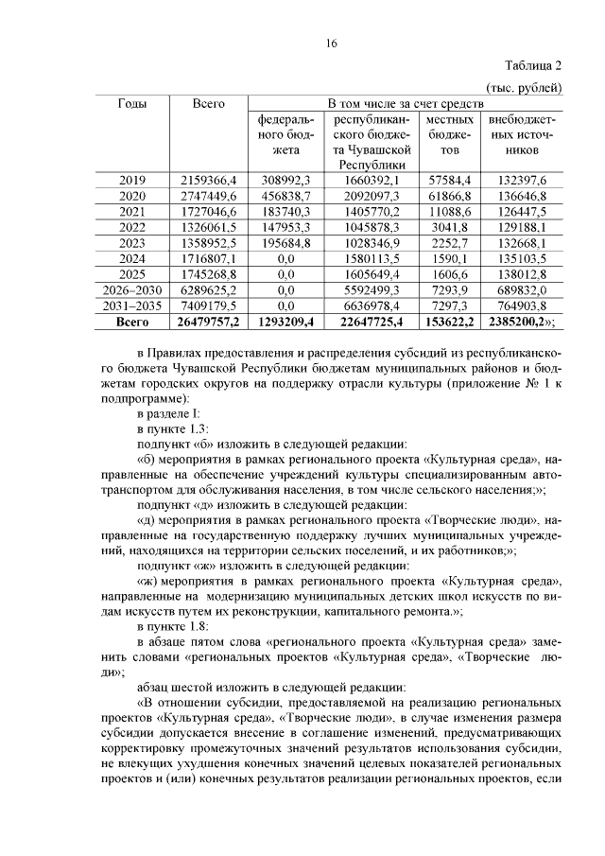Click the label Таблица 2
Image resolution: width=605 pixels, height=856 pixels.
533,66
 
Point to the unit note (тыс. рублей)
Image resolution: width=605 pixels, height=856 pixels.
526,87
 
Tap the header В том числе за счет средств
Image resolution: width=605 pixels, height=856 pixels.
406,103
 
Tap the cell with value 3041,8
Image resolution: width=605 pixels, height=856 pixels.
449,227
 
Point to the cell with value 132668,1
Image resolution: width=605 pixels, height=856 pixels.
522,243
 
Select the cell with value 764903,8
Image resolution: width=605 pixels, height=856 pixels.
522,306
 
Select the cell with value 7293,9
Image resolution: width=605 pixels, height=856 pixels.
449,290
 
